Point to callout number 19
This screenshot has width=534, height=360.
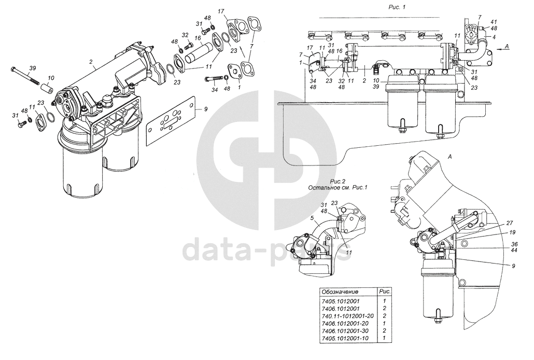click(512, 233)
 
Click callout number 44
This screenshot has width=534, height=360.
click(514, 250)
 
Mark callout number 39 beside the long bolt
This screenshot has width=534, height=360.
click(32, 68)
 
